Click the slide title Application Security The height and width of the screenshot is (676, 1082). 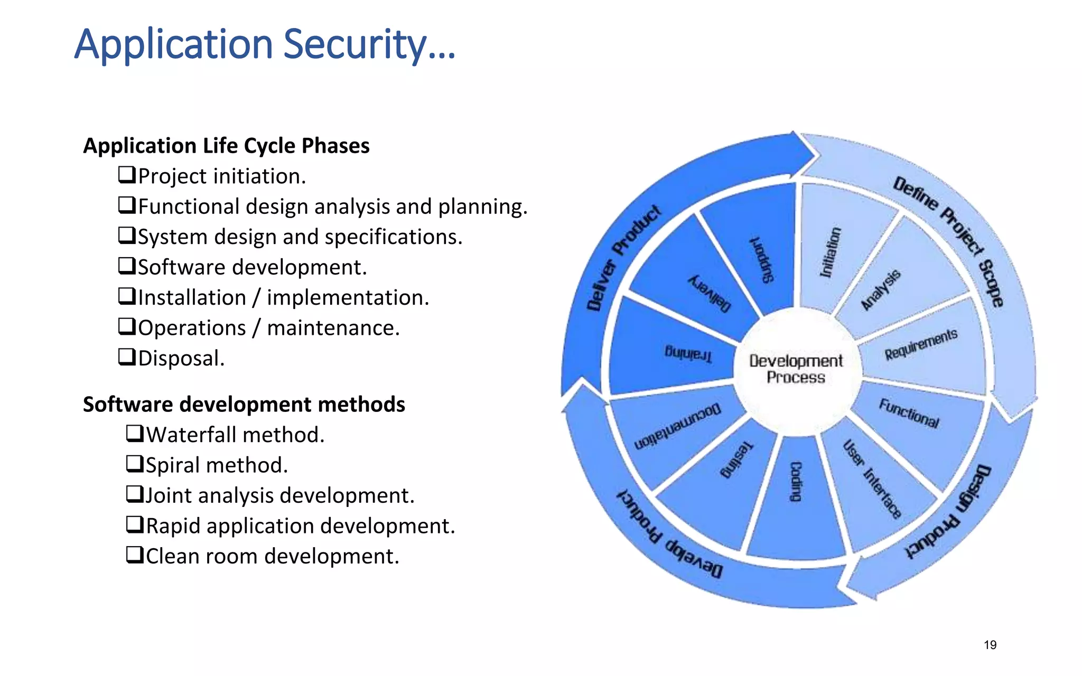264,45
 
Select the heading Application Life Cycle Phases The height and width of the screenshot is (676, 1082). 226,146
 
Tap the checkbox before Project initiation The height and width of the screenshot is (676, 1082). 127,175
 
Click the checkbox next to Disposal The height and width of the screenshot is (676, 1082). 127,357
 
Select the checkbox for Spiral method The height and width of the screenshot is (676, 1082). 135,464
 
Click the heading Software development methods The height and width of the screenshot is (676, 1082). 244,405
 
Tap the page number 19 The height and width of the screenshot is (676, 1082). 990,645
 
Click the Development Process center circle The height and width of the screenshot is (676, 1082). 796,369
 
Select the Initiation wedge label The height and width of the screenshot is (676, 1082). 830,252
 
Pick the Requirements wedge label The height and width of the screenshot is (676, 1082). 921,344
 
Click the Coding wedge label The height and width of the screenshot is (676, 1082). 796,481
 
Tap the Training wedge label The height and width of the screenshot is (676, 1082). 688,353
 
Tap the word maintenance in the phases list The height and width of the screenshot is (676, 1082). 333,328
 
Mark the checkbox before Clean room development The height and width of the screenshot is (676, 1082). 135,555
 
